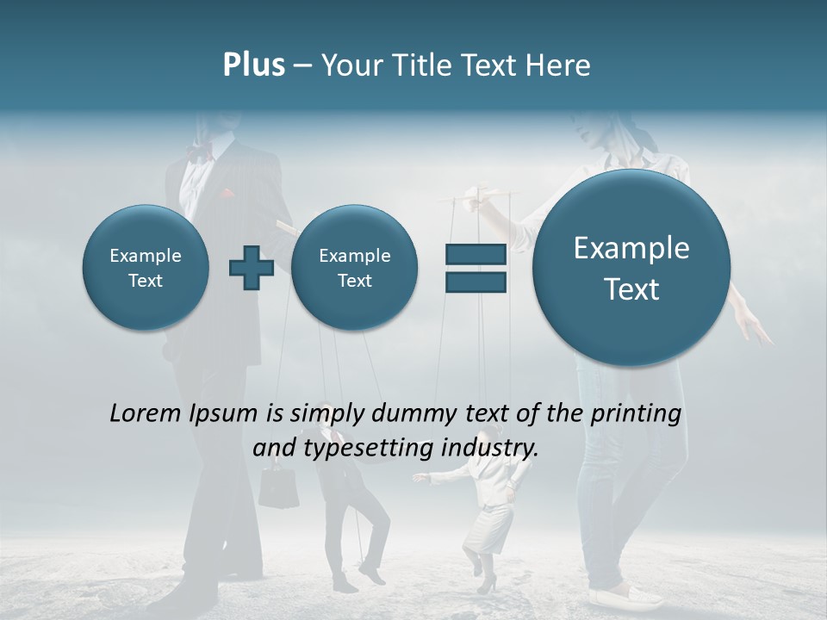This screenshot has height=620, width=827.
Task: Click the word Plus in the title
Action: click(x=253, y=65)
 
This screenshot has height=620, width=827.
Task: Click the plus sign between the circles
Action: click(x=252, y=268)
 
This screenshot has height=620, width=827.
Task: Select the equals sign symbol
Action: click(x=475, y=268)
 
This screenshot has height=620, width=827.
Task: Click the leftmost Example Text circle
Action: click(x=145, y=268)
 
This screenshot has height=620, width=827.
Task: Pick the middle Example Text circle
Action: click(x=354, y=268)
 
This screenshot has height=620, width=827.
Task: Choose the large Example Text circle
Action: click(x=631, y=268)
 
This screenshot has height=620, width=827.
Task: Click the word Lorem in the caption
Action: click(x=146, y=413)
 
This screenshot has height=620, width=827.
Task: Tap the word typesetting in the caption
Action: click(x=368, y=448)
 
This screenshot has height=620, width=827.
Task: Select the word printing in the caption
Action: click(x=635, y=414)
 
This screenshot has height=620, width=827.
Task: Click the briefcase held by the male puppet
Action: click(x=278, y=488)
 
